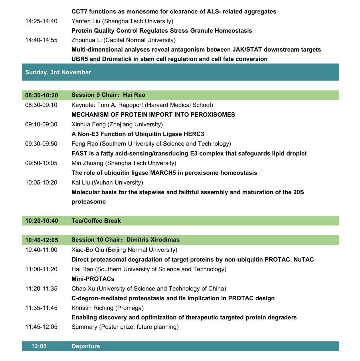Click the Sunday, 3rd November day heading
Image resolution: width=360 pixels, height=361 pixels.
click(58, 72)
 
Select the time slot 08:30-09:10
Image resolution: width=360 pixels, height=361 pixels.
click(41, 105)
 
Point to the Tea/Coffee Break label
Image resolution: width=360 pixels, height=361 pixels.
click(96, 221)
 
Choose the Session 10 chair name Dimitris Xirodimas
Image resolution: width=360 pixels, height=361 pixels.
click(153, 240)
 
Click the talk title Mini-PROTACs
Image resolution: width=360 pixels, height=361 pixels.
click(93, 279)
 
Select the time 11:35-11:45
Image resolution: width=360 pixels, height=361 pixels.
click(41, 308)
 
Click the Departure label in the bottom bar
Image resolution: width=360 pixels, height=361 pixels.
click(86, 346)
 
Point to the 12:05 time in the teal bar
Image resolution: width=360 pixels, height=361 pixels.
click(39, 346)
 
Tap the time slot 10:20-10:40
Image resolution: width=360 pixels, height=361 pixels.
click(41, 221)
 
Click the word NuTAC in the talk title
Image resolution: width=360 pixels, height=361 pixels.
click(304, 260)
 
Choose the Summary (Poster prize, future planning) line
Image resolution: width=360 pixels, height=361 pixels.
click(125, 327)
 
